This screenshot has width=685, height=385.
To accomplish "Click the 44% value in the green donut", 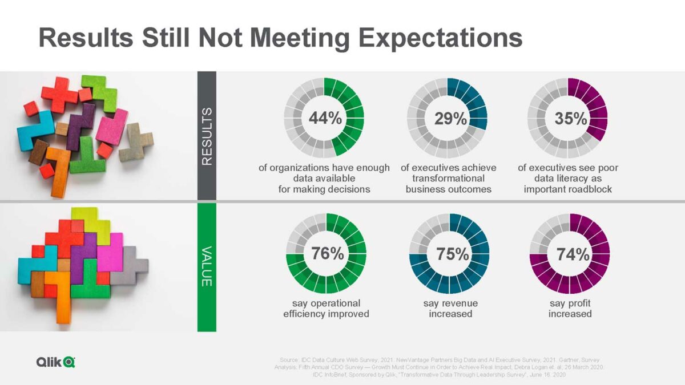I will click(325, 119).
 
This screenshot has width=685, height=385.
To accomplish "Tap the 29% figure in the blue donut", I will click(450, 119).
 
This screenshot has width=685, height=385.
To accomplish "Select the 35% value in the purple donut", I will click(571, 119).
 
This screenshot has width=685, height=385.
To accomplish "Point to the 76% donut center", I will click(327, 254).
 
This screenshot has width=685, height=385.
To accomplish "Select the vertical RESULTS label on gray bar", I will click(207, 136).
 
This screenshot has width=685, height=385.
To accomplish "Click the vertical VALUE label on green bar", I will click(207, 266).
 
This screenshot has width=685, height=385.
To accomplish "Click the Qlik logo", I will click(55, 362).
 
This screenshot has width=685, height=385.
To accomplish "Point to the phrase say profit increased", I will click(570, 309).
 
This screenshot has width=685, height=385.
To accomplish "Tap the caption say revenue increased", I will click(450, 309).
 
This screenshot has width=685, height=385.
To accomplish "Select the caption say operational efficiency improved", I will click(326, 309).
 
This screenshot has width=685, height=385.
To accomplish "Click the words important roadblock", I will click(567, 189).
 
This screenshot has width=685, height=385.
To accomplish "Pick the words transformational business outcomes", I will click(448, 184).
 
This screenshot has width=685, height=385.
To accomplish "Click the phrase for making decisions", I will click(324, 189).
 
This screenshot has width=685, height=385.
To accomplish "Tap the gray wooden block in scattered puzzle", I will click(136, 141).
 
